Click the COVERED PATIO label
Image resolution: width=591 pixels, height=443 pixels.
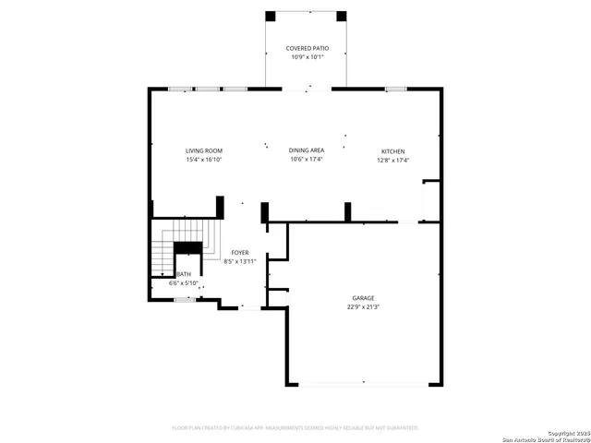coord(307,48)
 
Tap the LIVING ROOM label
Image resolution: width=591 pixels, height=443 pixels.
coord(203,150)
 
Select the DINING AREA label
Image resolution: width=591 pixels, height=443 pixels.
coord(307,150)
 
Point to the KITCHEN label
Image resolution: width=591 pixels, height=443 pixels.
coord(393,151)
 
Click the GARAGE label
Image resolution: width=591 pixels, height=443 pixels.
coord(363,298)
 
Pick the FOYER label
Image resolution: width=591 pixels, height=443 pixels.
coord(240,252)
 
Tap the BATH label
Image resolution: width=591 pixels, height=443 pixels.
coord(184,274)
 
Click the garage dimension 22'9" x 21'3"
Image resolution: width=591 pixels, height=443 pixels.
coord(363,306)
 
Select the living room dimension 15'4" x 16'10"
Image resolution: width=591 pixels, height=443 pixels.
coord(203,160)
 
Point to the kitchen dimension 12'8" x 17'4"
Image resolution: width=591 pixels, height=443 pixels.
coord(393,160)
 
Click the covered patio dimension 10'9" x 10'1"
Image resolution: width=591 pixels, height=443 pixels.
coord(307,56)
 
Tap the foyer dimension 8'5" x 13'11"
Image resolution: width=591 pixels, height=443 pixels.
coord(240,261)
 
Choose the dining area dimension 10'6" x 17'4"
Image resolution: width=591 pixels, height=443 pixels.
coord(307,160)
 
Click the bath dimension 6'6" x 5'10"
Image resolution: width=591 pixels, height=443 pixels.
coord(184,282)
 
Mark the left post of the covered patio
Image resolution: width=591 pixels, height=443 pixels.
coord(271,16)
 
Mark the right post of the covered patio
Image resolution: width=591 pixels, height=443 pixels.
coord(342,16)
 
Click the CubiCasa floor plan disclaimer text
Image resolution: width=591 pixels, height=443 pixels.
coord(295,427)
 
